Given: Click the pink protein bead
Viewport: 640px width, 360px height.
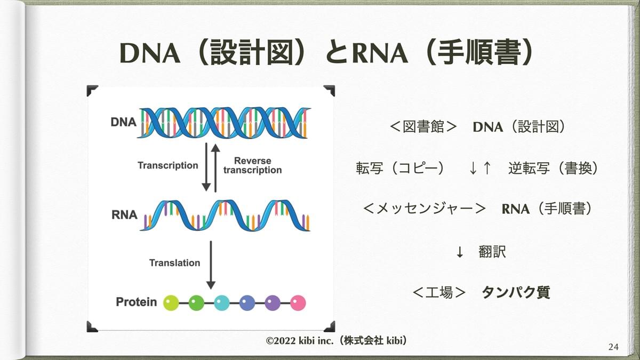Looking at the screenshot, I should [x=298, y=303].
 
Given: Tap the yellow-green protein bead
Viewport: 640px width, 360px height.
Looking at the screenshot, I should [x=171, y=303].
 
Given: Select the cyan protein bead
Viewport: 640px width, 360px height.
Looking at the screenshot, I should [x=222, y=303].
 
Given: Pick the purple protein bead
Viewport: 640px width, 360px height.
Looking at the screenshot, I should [x=273, y=303].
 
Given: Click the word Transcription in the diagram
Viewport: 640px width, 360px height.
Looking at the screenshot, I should [x=167, y=165].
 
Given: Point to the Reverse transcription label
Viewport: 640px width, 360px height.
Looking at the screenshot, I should [x=252, y=165].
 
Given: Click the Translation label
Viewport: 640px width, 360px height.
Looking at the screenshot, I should [x=174, y=263].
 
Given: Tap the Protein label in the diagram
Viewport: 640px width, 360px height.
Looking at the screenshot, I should [x=137, y=302].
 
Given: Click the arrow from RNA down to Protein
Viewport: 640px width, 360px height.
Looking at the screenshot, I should [x=211, y=265].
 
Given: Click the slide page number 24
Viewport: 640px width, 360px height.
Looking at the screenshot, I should [x=613, y=347].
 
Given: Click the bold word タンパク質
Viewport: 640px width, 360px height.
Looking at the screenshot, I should [x=515, y=292].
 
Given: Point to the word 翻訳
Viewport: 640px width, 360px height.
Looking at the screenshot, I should [x=492, y=252].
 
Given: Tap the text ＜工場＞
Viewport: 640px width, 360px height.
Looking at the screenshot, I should [x=439, y=292].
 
